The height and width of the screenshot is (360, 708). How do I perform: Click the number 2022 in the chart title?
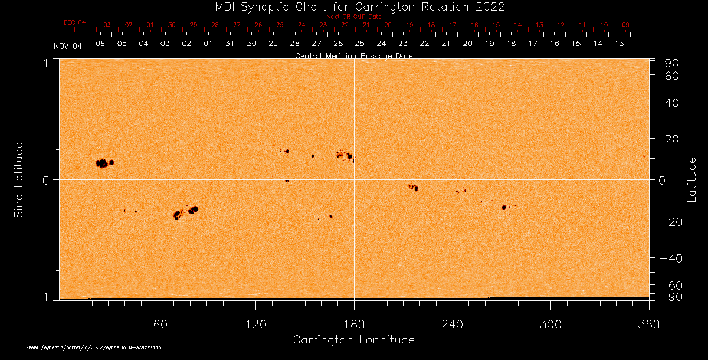pyautogui.click(x=490, y=6)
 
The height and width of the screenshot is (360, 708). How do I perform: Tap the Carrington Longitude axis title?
pyautogui.click(x=353, y=340)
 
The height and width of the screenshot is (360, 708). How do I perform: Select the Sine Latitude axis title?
pyautogui.click(x=19, y=179)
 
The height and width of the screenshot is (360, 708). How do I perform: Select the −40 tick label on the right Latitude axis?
pyautogui.click(x=671, y=258)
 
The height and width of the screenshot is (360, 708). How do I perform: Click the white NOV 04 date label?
pyautogui.click(x=68, y=46)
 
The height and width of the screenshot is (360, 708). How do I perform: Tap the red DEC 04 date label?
pyautogui.click(x=74, y=22)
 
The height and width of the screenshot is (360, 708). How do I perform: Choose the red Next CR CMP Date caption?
pyautogui.click(x=354, y=17)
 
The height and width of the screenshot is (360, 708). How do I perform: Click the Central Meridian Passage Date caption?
pyautogui.click(x=354, y=56)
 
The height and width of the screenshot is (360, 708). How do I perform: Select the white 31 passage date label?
pyautogui.click(x=230, y=44)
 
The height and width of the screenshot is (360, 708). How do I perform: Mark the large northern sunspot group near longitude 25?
pyautogui.click(x=104, y=163)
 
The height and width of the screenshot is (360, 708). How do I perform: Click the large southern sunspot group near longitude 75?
pyautogui.click(x=185, y=212)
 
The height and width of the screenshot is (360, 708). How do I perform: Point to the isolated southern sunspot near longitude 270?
pyautogui.click(x=504, y=207)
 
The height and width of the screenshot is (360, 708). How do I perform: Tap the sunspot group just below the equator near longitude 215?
pyautogui.click(x=414, y=188)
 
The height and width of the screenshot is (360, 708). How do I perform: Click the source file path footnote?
pyautogui.click(x=94, y=348)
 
